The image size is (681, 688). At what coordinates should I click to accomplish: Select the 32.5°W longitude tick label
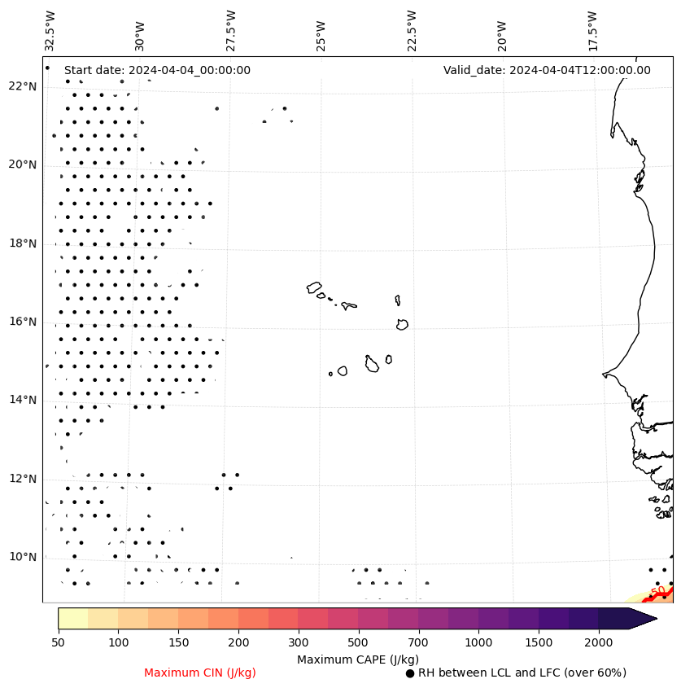50,31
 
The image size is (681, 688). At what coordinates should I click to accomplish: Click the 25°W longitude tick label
321,34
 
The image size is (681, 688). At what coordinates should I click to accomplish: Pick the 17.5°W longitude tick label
592,31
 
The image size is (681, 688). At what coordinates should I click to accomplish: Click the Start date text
157,70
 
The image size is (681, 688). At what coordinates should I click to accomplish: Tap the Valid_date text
547,70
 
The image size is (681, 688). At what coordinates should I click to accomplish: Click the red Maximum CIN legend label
200,673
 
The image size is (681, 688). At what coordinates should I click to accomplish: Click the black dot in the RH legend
410,673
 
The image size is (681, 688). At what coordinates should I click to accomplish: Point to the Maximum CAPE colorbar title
357,659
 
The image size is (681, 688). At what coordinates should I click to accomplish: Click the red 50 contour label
658,591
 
